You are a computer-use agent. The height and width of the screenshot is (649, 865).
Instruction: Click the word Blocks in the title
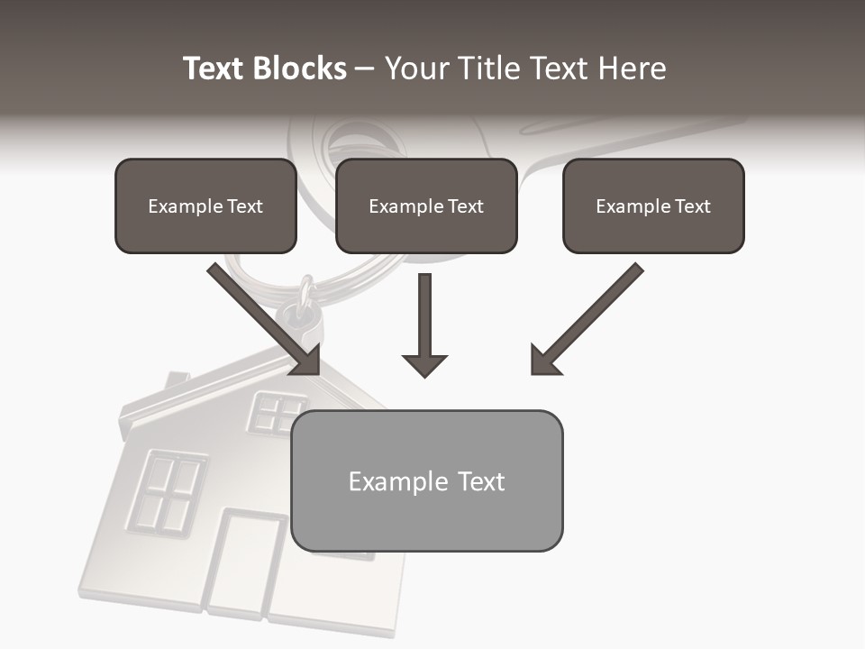point(299,69)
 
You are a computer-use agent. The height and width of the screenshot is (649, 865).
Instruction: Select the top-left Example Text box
point(205,206)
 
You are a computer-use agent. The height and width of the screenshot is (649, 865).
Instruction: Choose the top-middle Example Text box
point(426,206)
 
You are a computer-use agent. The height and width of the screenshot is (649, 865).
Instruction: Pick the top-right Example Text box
point(653,206)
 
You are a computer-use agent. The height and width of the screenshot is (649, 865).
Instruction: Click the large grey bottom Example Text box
point(426,481)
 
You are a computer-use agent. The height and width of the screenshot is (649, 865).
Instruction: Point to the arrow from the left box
point(266,320)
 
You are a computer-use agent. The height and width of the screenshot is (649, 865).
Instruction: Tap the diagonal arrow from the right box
point(586,320)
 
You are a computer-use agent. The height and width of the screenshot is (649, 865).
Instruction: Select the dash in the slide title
point(365,69)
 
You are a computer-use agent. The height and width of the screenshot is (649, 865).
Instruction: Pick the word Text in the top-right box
point(692,206)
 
